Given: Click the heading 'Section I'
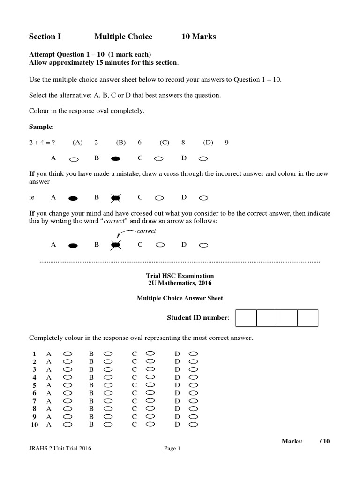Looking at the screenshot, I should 45,37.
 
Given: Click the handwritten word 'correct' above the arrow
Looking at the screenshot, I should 146,231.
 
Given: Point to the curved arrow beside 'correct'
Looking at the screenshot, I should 123,234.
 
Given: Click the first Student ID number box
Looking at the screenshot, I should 246,318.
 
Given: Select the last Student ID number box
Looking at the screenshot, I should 307,318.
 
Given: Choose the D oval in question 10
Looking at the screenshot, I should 194,425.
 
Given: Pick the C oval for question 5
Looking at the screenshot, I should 150,384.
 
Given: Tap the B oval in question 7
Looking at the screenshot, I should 108,401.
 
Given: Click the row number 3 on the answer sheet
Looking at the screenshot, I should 34,369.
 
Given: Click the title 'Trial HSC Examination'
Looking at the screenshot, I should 180,276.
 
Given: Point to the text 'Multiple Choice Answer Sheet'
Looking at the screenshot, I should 180,298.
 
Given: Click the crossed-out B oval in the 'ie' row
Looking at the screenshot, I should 116,198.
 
